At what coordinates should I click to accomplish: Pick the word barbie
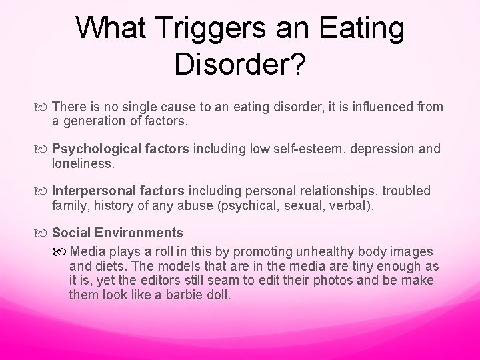(x=185, y=293)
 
